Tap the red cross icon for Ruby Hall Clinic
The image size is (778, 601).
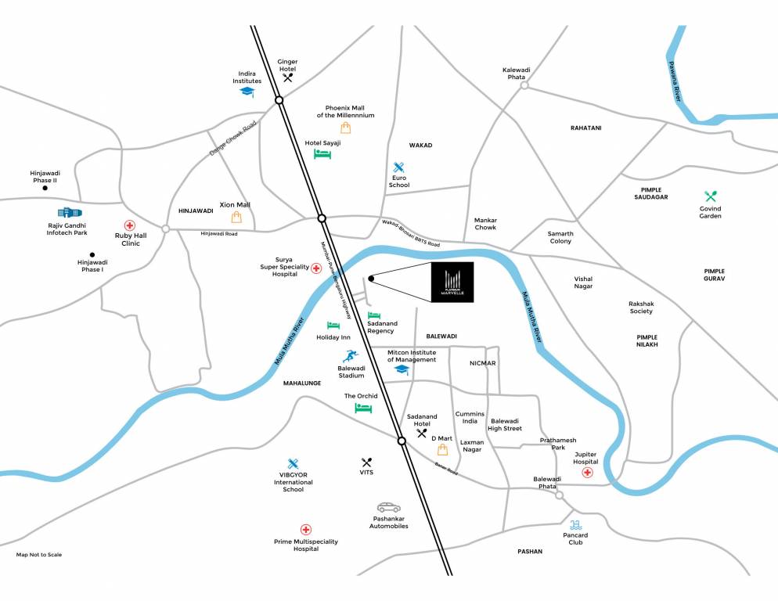[130, 225]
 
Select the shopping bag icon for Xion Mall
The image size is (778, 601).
[236, 218]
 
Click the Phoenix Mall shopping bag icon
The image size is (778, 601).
[345, 128]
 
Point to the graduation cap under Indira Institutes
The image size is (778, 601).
[247, 92]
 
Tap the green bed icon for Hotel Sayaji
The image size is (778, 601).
[322, 154]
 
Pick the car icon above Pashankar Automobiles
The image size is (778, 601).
[388, 507]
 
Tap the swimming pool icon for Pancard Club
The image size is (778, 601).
[576, 524]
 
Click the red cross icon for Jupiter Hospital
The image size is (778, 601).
[586, 473]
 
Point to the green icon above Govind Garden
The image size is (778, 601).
[711, 196]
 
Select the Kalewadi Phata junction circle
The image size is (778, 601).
[524, 85]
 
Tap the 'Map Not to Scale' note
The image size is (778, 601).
[39, 555]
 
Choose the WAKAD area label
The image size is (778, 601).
[420, 146]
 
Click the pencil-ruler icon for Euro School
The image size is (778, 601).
[399, 167]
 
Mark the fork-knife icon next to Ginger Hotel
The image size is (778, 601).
[288, 77]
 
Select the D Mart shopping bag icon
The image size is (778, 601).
[443, 449]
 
